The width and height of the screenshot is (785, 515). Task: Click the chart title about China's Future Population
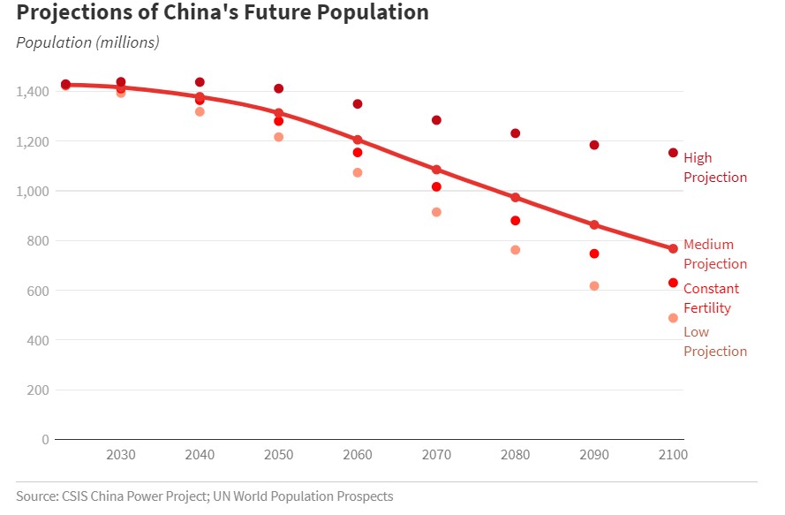pyautogui.click(x=223, y=13)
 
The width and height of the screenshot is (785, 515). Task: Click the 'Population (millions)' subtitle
pyautogui.click(x=87, y=42)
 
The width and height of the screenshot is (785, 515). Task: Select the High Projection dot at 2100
pyautogui.click(x=673, y=153)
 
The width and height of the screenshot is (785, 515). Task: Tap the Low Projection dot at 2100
pyautogui.click(x=673, y=318)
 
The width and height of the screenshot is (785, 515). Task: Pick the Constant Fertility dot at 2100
pyautogui.click(x=673, y=283)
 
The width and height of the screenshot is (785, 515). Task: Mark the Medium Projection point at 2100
pyautogui.click(x=673, y=249)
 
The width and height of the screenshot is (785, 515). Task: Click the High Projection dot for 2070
pyautogui.click(x=436, y=120)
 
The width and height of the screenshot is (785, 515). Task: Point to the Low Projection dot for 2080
pyautogui.click(x=515, y=250)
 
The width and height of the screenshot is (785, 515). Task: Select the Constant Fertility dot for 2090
pyautogui.click(x=594, y=254)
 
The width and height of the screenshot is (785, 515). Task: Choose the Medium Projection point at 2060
pyautogui.click(x=358, y=140)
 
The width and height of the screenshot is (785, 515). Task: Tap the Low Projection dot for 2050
pyautogui.click(x=278, y=137)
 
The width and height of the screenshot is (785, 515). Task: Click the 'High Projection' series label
pyautogui.click(x=714, y=168)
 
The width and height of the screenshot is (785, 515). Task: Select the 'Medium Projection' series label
pyautogui.click(x=714, y=254)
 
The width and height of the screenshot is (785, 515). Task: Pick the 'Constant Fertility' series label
pyautogui.click(x=711, y=299)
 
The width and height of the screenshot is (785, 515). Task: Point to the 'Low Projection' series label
pyautogui.click(x=714, y=342)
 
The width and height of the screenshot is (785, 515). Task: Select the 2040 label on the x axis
pyautogui.click(x=200, y=455)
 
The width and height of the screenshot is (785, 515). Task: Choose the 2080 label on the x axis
pyautogui.click(x=515, y=455)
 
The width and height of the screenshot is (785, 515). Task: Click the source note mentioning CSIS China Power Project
pyautogui.click(x=204, y=496)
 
